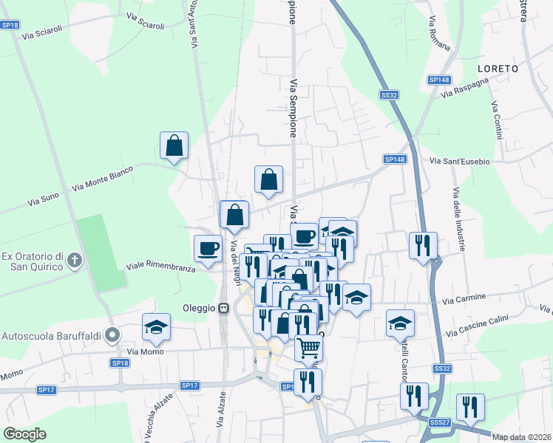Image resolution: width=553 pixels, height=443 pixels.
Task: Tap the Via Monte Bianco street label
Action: (x=103, y=179)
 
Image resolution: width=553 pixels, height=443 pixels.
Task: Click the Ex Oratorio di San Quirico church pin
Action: (x=74, y=260)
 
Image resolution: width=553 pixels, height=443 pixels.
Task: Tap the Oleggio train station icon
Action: (x=223, y=308)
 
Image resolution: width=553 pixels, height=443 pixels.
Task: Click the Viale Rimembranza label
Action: (x=160, y=267)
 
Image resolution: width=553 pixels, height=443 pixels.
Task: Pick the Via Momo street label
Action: (x=143, y=352)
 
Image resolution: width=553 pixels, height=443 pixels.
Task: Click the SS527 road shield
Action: (x=439, y=422)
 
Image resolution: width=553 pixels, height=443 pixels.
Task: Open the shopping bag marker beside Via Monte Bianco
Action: (x=174, y=146)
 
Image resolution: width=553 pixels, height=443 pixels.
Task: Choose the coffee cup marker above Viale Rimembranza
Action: (x=208, y=248)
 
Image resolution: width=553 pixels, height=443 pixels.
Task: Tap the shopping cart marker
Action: (x=309, y=346)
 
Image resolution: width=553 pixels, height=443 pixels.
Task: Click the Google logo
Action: (x=25, y=434)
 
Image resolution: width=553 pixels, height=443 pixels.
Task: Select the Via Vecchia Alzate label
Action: (x=164, y=414)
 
